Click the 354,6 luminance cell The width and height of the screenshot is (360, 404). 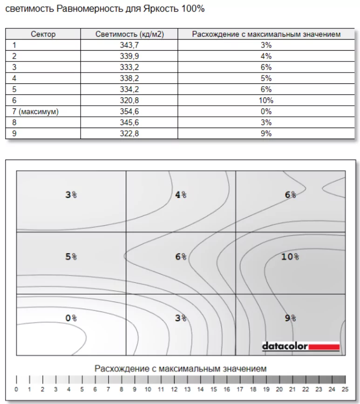129,112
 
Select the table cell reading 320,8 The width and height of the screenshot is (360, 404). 129,101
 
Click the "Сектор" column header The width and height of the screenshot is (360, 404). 43,34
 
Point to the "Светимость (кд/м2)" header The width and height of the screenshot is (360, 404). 129,34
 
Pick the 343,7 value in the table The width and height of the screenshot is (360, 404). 129,45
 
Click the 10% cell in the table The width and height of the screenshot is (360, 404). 266,101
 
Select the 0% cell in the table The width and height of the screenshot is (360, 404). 266,112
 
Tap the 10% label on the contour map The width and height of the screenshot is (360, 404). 290,256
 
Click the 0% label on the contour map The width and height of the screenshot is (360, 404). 71,318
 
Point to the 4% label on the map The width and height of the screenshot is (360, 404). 181,195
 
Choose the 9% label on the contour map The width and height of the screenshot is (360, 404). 290,318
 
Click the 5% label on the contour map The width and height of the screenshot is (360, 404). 71,256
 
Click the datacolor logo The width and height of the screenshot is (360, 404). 300,346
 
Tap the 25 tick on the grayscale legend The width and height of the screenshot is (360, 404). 345,389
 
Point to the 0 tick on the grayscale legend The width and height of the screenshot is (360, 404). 16,389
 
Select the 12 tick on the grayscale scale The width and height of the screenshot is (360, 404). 174,389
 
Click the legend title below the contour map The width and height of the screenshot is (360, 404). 181,369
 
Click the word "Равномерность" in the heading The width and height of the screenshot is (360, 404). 87,9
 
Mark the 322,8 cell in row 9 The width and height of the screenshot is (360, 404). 129,134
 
